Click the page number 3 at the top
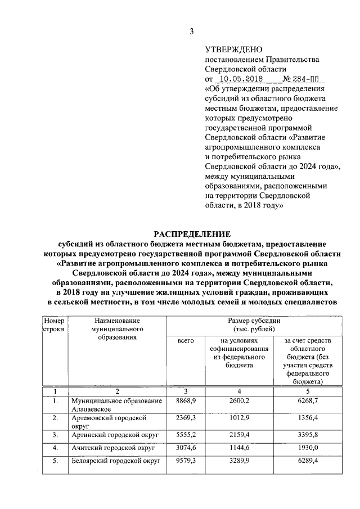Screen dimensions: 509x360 tap(191, 31)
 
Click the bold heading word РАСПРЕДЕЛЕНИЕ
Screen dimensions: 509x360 tap(191, 234)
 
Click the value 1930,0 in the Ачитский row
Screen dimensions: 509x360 tap(308, 448)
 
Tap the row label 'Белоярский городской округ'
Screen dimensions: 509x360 tap(115, 461)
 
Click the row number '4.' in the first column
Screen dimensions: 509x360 tap(55, 448)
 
